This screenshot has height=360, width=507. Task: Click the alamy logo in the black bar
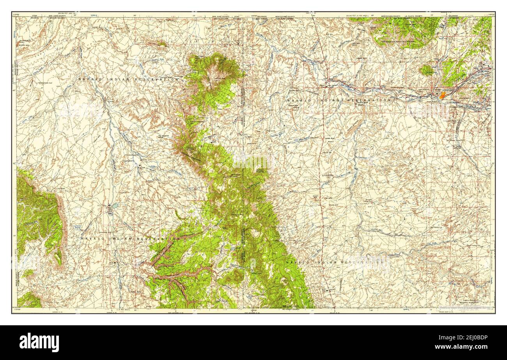[39, 342]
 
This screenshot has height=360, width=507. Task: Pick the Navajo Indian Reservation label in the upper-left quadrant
[128, 79]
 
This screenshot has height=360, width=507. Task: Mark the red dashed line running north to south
[322, 176]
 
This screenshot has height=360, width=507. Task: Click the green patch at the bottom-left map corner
[28, 300]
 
